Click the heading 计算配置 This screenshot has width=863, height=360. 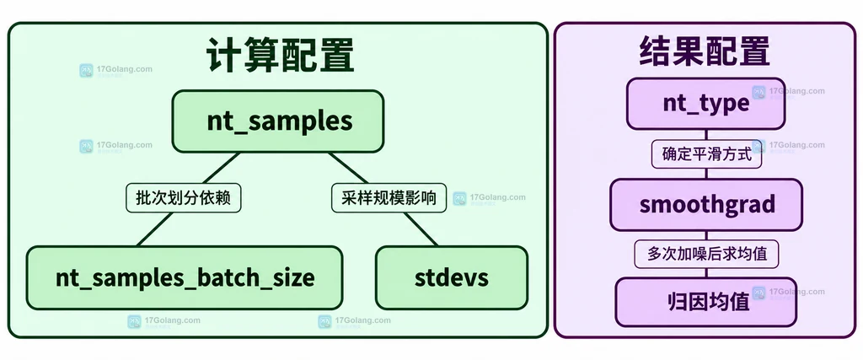click(280, 55)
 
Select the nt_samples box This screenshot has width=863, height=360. click(278, 121)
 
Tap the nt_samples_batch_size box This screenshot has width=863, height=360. click(185, 277)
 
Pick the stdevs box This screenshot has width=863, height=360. click(452, 277)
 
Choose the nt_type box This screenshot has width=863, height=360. click(705, 104)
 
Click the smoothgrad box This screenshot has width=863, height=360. click(706, 205)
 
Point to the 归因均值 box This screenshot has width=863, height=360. click(706, 302)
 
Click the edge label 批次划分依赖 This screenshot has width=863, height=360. click(184, 197)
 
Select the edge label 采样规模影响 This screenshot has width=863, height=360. click(389, 197)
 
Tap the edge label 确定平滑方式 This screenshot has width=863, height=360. click(706, 153)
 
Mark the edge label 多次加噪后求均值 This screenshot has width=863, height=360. click(706, 254)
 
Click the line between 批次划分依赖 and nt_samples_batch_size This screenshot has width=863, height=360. click(155, 229)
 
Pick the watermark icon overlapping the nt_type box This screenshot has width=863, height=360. click(759, 92)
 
